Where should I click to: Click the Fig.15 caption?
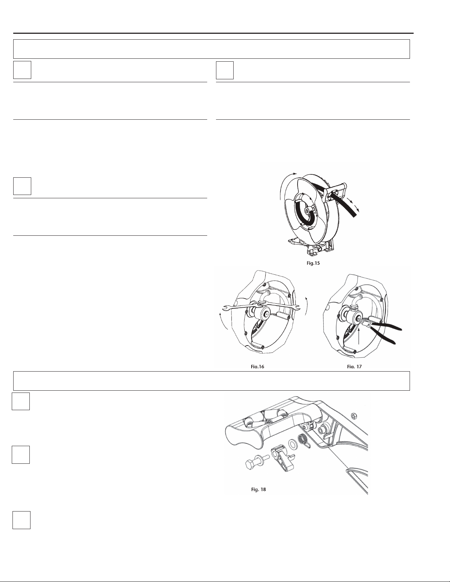click(313, 263)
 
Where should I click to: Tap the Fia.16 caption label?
click(258, 367)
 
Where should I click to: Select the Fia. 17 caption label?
click(354, 367)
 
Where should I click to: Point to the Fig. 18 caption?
click(259, 489)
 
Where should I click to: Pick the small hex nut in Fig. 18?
click(353, 416)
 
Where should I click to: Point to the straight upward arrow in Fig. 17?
click(359, 336)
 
